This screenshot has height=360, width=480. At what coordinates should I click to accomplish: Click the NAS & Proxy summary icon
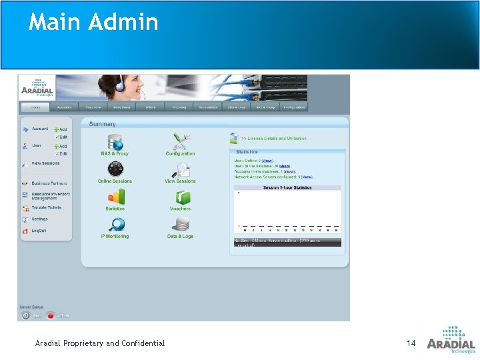[x=115, y=142]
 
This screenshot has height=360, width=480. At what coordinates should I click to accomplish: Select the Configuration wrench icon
[x=181, y=141]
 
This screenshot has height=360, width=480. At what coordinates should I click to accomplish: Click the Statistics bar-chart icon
[x=115, y=197]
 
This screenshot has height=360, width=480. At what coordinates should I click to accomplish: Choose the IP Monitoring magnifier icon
[x=115, y=225]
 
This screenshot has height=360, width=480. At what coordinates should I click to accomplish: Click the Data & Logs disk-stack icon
[x=181, y=225]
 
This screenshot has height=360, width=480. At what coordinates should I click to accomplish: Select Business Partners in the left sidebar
[x=49, y=183]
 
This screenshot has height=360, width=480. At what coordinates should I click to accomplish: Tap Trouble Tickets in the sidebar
[x=46, y=207]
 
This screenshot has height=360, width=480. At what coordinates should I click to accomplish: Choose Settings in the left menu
[x=39, y=219]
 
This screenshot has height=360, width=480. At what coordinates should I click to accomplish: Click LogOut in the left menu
[x=39, y=231]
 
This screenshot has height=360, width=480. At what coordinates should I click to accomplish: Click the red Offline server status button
[x=51, y=315]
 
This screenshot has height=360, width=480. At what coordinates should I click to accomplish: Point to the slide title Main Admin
[x=93, y=23]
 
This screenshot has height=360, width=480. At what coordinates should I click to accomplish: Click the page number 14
[x=411, y=343]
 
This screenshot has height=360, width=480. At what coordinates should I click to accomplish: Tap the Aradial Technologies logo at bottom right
[x=451, y=339]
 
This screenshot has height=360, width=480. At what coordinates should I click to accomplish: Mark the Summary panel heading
[x=102, y=124]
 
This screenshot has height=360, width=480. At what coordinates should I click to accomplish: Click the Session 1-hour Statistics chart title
[x=287, y=188]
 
